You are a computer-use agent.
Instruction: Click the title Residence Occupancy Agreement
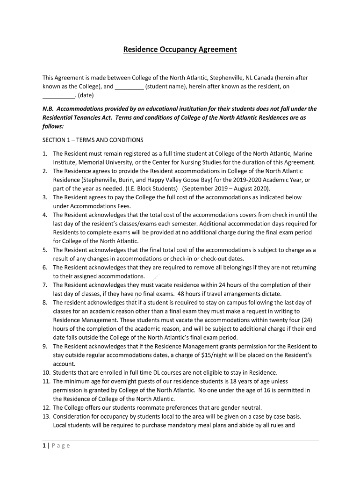click(180, 49)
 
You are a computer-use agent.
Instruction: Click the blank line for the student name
click(129, 87)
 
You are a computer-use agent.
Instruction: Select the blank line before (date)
click(58, 96)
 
